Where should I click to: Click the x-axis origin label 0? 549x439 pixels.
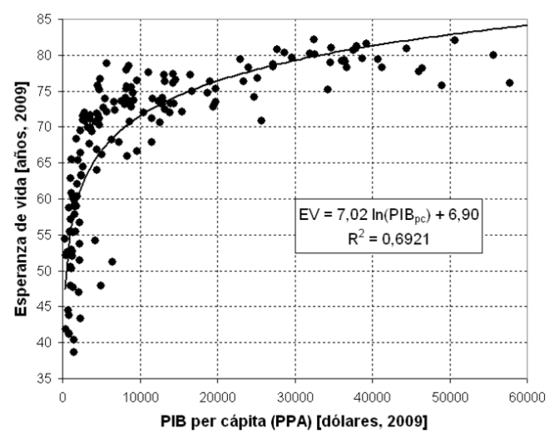pyautogui.click(x=63, y=392)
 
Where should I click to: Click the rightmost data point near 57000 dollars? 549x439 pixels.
pyautogui.click(x=509, y=82)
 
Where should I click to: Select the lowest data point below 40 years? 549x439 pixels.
pyautogui.click(x=73, y=352)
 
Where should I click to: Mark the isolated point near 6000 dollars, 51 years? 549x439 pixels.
pyautogui.click(x=111, y=262)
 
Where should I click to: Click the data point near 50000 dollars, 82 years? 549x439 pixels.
pyautogui.click(x=454, y=40)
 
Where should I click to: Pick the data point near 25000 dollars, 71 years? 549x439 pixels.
pyautogui.click(x=261, y=120)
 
